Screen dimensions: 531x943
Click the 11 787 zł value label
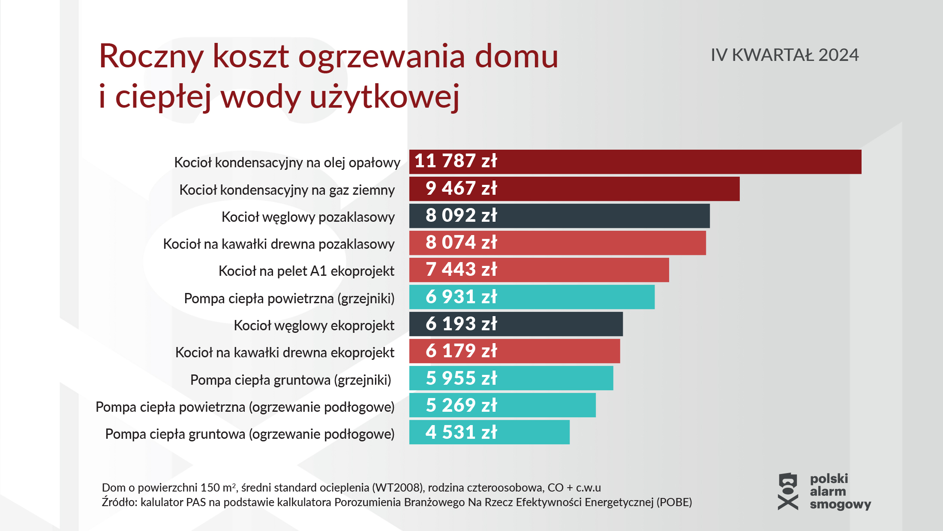pos(455,161)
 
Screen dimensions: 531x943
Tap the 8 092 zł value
pos(461,216)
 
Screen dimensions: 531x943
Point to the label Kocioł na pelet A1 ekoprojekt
pos(306,271)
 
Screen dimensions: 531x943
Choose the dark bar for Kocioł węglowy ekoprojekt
pos(557,324)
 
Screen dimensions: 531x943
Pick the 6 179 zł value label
pos(461,351)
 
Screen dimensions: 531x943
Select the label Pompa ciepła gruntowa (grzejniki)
pos(291,380)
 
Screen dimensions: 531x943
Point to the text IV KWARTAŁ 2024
pos(784,55)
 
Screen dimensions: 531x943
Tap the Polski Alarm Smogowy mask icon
pos(788,492)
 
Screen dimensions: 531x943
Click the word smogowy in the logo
pos(840,504)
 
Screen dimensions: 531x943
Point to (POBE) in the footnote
pos(674,502)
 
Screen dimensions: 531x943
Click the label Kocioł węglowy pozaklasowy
pos(308,217)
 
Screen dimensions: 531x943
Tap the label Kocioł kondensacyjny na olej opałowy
pos(287,163)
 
